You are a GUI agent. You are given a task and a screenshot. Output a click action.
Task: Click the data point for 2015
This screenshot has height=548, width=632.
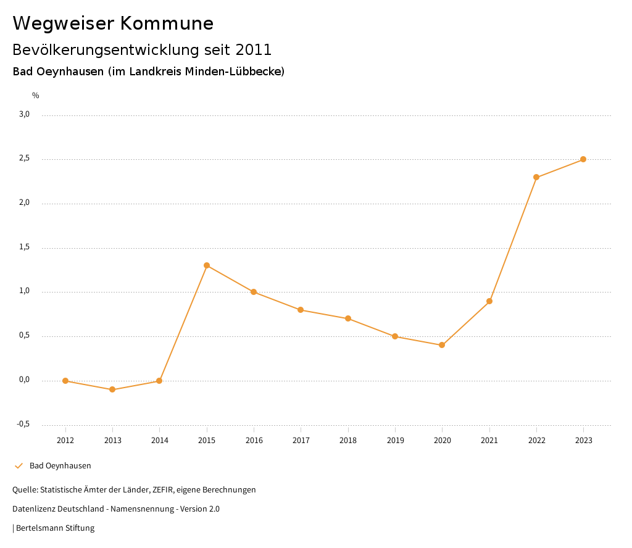pyautogui.click(x=207, y=265)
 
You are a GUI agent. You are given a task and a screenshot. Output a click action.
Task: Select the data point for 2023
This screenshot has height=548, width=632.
pyautogui.click(x=583, y=159)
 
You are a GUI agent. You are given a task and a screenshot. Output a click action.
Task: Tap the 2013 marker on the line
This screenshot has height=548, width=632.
pyautogui.click(x=112, y=389)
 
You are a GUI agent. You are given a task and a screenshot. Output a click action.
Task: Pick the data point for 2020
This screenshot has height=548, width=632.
pyautogui.click(x=442, y=345)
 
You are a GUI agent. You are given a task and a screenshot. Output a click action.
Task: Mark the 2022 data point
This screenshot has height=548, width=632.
pyautogui.click(x=536, y=177)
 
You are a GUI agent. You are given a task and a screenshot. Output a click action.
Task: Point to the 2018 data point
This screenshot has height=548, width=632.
pyautogui.click(x=348, y=318)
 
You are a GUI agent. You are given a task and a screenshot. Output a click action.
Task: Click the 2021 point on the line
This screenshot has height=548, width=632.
pyautogui.click(x=489, y=301)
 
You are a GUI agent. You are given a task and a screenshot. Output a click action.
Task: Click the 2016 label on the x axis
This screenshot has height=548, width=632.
pyautogui.click(x=254, y=441)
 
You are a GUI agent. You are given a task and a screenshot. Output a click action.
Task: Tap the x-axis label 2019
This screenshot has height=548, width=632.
pyautogui.click(x=395, y=441)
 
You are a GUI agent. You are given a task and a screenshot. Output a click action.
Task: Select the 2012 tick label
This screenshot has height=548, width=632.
pyautogui.click(x=65, y=441)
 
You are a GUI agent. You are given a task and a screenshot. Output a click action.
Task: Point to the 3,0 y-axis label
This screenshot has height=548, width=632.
pyautogui.click(x=24, y=114)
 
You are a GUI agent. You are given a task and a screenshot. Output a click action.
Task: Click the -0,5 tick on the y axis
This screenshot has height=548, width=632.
pyautogui.click(x=23, y=424)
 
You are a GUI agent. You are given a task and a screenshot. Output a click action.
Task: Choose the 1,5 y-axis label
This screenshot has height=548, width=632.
pyautogui.click(x=24, y=247)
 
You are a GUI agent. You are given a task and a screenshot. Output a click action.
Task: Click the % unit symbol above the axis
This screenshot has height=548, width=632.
pyautogui.click(x=36, y=96)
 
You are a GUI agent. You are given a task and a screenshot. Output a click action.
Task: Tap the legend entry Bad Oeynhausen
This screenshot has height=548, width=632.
pyautogui.click(x=60, y=466)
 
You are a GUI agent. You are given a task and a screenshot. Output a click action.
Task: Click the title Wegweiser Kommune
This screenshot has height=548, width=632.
pyautogui.click(x=113, y=23)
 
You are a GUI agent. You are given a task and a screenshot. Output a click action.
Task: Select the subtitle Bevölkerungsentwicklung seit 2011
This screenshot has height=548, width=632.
pyautogui.click(x=142, y=49)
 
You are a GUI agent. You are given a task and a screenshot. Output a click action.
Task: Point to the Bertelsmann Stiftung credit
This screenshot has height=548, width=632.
pyautogui.click(x=55, y=528)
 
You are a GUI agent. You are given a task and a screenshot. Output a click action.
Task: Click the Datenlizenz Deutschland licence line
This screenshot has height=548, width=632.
pyautogui.click(x=116, y=509)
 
